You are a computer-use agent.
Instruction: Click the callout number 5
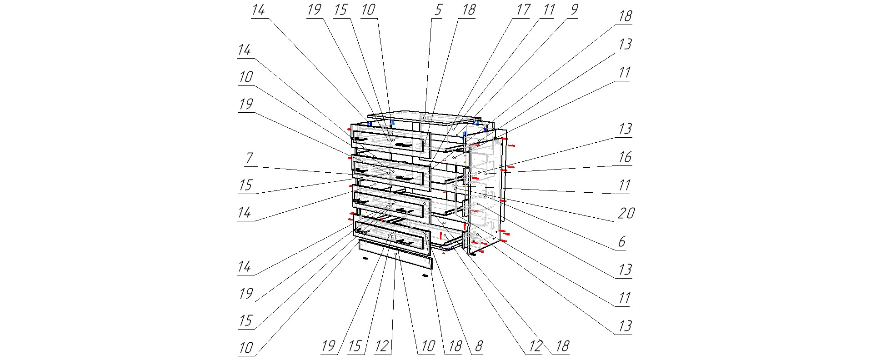[438, 10]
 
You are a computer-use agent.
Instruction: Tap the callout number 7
[249, 158]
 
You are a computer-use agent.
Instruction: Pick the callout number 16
[625, 157]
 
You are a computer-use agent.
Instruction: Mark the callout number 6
[622, 241]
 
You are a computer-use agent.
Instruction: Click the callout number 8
[478, 347]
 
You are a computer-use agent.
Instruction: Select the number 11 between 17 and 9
[549, 10]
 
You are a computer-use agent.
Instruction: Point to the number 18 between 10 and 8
[455, 347]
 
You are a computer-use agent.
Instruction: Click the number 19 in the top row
[314, 10]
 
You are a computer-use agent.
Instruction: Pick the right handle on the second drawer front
[404, 178]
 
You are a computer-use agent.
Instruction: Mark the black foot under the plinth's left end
[365, 258]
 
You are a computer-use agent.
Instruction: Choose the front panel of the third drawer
[391, 206]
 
